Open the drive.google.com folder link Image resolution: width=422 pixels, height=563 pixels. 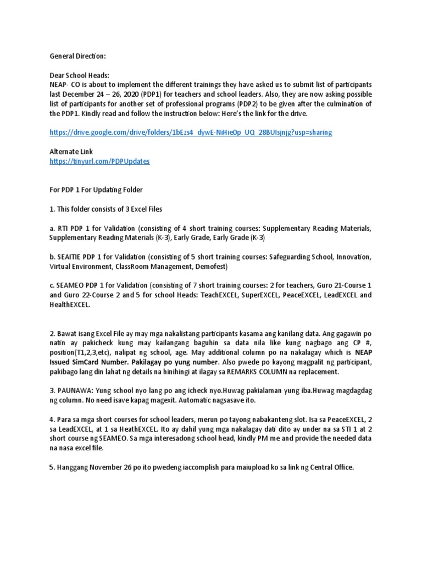tap(191, 133)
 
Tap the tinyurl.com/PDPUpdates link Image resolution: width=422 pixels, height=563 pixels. tap(99, 161)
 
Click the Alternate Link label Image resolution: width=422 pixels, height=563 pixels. tap(71, 151)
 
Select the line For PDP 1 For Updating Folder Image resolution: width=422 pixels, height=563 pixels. tap(96, 190)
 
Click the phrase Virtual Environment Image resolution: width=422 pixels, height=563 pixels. tap(80, 266)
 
